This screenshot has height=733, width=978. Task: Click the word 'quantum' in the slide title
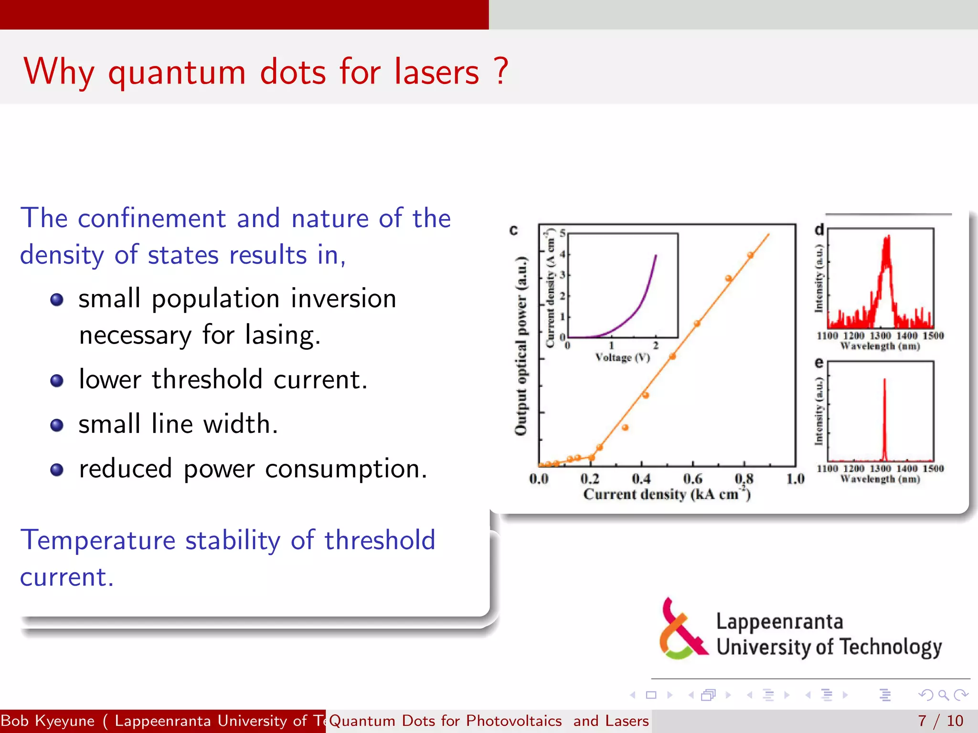[x=177, y=73]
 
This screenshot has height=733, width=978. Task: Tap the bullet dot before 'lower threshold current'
[x=57, y=380]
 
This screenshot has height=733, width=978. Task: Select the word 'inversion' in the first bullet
[x=343, y=299]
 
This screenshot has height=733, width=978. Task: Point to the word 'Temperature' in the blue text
[x=98, y=540]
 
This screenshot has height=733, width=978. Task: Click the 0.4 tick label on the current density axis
[x=641, y=479]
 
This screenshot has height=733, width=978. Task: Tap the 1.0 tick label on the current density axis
[x=795, y=479]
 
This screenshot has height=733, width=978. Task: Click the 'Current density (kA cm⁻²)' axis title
[x=667, y=494]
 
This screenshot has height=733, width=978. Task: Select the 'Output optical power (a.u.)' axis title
[x=521, y=346]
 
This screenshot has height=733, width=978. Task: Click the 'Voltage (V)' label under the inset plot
[x=622, y=357]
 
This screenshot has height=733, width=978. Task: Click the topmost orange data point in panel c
[x=750, y=255]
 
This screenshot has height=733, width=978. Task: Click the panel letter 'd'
[x=819, y=230]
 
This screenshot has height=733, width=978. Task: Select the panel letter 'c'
[x=513, y=230]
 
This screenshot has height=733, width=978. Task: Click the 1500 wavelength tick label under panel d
[x=933, y=335]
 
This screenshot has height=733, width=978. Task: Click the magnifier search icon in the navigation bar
[x=943, y=695]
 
